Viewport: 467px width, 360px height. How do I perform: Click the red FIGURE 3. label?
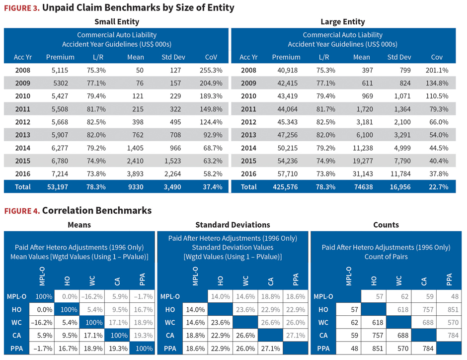pyautogui.click(x=22, y=8)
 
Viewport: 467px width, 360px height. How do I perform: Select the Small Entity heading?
pyautogui.click(x=117, y=22)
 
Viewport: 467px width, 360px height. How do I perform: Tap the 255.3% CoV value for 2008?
pyautogui.click(x=211, y=70)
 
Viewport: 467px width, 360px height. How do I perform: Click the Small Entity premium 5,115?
pyautogui.click(x=60, y=70)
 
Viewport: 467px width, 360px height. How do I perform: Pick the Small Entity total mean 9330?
pyautogui.click(x=136, y=187)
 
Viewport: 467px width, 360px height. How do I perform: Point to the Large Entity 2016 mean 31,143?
pyautogui.click(x=363, y=174)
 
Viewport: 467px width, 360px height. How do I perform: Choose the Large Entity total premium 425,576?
pyautogui.click(x=285, y=187)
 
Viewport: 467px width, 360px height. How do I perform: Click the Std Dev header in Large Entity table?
pyautogui.click(x=399, y=57)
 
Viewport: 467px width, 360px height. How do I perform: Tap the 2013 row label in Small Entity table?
pyautogui.click(x=23, y=135)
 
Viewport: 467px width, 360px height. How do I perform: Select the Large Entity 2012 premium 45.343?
pyautogui.click(x=288, y=122)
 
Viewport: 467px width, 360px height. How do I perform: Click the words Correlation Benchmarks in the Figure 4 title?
pyautogui.click(x=97, y=210)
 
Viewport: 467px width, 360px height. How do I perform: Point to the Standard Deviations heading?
pyautogui.click(x=233, y=225)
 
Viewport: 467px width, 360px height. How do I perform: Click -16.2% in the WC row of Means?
pyautogui.click(x=41, y=322)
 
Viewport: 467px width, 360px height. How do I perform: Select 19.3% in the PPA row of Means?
pyautogui.click(x=118, y=349)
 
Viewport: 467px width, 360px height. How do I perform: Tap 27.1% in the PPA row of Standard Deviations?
pyautogui.click(x=270, y=349)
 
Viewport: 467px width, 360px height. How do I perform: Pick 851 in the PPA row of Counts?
pyautogui.click(x=378, y=349)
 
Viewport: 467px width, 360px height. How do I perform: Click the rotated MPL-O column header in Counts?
pyautogui.click(x=348, y=276)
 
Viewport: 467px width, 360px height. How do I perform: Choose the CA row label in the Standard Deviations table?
pyautogui.click(x=170, y=336)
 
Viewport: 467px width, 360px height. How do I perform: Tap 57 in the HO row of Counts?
pyautogui.click(x=354, y=310)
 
